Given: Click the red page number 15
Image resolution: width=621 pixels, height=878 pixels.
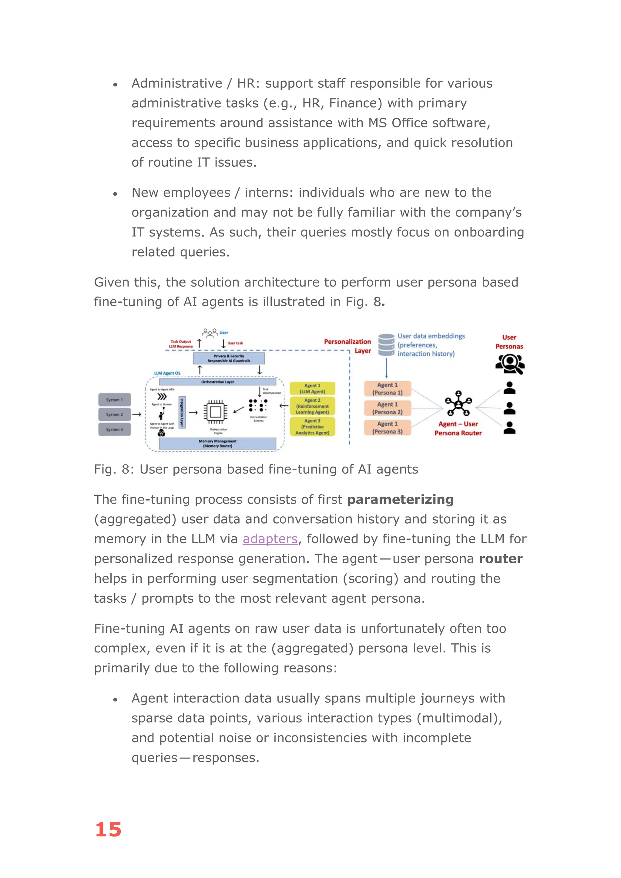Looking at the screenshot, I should coord(108,829).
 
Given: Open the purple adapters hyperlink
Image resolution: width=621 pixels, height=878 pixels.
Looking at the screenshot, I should coord(270,539).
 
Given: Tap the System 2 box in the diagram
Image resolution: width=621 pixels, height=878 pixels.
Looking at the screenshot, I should coord(115,414).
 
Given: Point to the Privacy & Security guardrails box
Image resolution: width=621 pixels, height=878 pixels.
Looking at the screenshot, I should coord(229,358).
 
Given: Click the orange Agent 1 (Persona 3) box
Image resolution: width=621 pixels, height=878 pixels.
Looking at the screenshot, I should coord(387,427).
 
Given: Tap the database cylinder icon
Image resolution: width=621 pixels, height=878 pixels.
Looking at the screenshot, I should coord(386,345).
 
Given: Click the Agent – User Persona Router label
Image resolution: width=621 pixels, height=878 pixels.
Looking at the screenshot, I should coord(458,428).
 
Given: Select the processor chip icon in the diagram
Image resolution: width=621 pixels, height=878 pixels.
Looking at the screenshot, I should coord(215,412).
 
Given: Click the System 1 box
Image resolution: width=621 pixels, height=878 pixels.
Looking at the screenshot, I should coord(115,400).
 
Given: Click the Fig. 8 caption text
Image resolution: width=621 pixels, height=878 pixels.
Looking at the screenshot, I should coord(256,469).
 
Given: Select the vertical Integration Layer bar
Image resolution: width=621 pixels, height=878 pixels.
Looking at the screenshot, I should coord(182,412).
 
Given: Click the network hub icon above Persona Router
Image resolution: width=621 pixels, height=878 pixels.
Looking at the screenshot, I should coord(458,404).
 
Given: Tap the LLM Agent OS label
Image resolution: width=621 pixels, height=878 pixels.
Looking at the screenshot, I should coord(167,373).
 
